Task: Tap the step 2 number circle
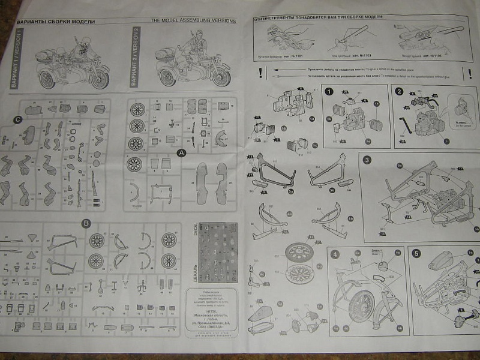click(400, 91)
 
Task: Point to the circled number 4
click(336, 253)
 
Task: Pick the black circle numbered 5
click(416, 253)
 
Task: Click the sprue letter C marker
click(18, 118)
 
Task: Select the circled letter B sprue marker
click(86, 223)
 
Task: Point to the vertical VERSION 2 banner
click(136, 58)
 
